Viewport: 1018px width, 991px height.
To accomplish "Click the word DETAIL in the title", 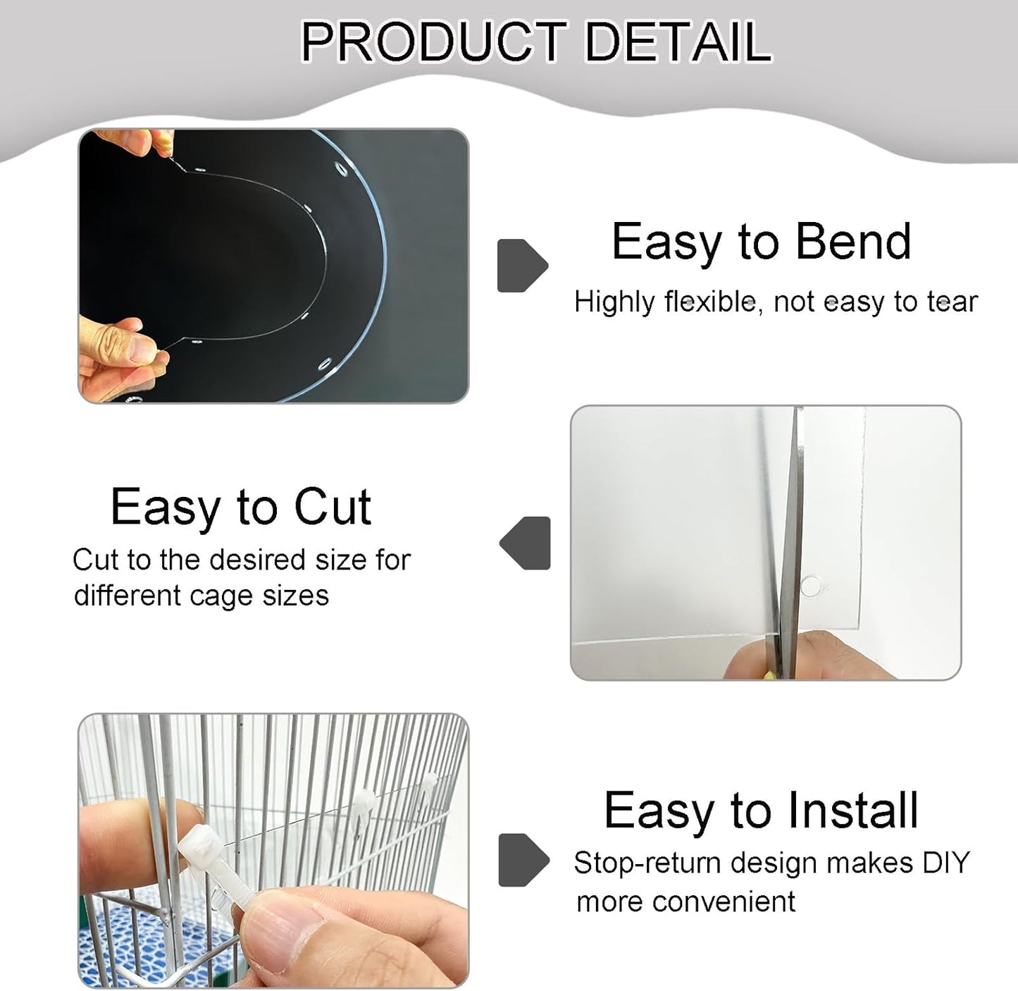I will click(x=678, y=42).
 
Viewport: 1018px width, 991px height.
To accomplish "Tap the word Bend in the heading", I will click(x=853, y=242).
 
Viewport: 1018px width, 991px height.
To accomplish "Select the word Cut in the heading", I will click(x=333, y=507).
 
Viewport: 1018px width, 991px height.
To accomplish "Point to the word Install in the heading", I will click(x=852, y=810).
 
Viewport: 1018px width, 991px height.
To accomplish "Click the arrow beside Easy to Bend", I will click(x=522, y=266).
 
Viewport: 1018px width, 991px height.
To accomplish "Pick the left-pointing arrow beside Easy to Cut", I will click(x=526, y=543).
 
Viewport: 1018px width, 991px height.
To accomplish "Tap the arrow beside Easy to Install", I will click(x=523, y=860).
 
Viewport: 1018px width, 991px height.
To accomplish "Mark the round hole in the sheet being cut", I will click(x=811, y=585).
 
